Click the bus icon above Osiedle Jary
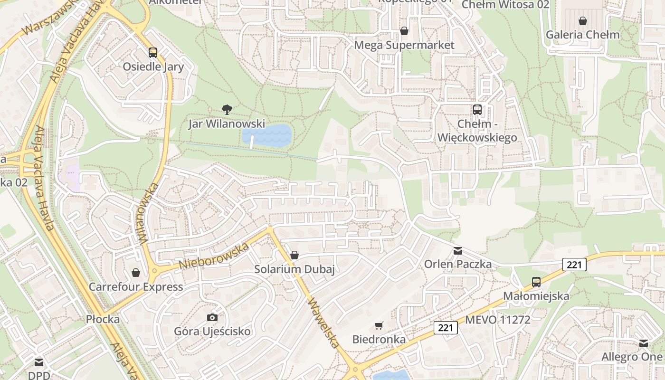(x=152, y=52)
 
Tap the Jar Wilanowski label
(x=227, y=124)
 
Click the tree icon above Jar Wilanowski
(x=227, y=110)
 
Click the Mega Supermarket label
(x=405, y=45)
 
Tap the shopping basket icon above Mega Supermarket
(x=404, y=31)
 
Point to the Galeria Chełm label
(x=582, y=35)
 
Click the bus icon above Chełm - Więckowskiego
(x=477, y=110)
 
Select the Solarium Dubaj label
(x=294, y=269)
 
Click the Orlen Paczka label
(x=457, y=264)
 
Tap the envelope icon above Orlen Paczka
(x=457, y=250)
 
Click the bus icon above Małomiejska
(x=536, y=282)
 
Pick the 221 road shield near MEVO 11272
(x=445, y=327)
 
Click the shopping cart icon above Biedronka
(x=379, y=325)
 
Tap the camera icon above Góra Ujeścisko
(x=212, y=317)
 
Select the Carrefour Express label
(x=136, y=287)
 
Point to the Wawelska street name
(x=324, y=323)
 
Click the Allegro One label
(x=632, y=357)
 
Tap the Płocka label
(x=103, y=319)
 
